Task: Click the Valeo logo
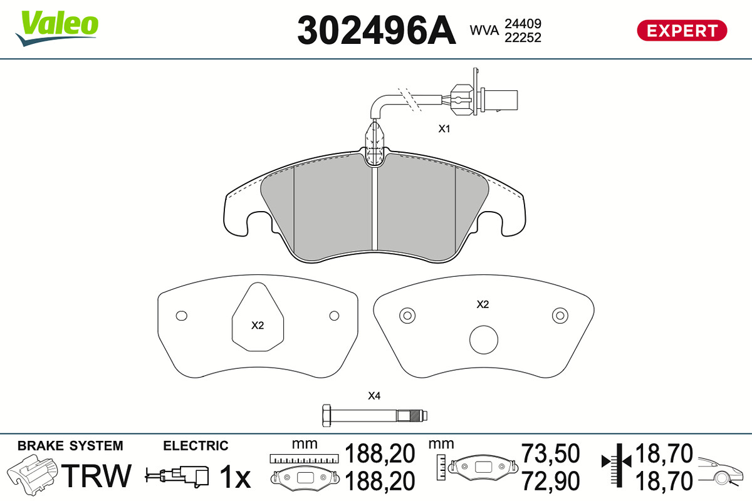tap(57, 28)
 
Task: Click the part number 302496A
tap(377, 30)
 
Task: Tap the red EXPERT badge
tap(682, 31)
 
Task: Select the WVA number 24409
tap(523, 24)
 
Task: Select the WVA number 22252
tap(523, 38)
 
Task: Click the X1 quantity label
tap(444, 128)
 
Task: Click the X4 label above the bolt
tap(374, 396)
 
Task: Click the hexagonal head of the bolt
tap(326, 415)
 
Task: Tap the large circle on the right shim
tap(484, 339)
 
